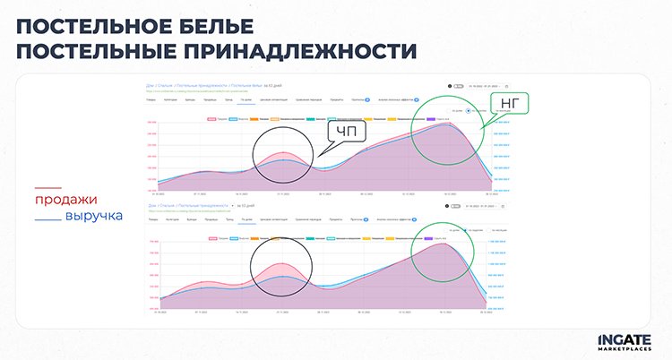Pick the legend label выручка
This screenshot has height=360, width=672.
coord(94,217)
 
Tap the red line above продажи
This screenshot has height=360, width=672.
coord(47,188)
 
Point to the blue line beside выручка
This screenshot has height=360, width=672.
coord(47,219)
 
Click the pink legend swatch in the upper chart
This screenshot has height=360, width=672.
coord(212,118)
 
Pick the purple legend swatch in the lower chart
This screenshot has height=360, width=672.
coord(435,238)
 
